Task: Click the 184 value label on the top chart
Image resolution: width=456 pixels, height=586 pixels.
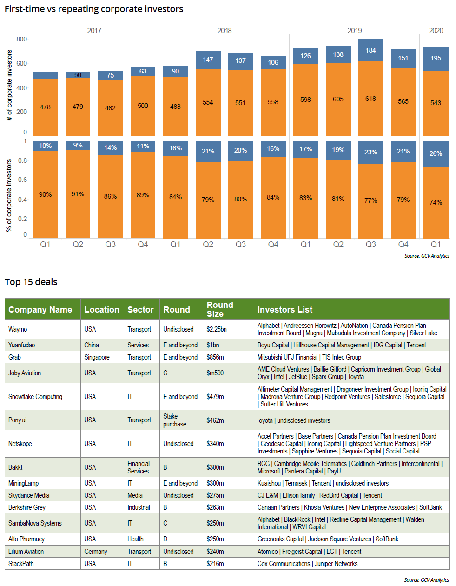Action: (x=370, y=50)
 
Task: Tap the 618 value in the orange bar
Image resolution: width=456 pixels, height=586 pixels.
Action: (x=370, y=99)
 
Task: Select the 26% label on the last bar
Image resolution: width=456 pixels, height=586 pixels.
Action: (x=436, y=153)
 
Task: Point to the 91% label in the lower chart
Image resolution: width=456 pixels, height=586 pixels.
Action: (x=78, y=194)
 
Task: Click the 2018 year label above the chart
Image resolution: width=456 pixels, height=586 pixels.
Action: (x=224, y=31)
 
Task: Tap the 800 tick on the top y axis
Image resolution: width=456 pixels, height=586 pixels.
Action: (x=22, y=39)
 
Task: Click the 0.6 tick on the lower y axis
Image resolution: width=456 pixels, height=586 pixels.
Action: (x=22, y=180)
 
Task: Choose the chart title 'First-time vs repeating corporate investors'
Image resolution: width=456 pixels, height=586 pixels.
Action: (x=94, y=9)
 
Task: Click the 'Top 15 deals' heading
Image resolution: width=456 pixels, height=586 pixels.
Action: (x=31, y=282)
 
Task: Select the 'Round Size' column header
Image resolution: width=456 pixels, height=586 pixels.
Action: (x=220, y=309)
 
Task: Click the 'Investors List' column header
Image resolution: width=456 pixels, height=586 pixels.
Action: (x=285, y=310)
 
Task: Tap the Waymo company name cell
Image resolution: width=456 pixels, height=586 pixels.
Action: (x=18, y=329)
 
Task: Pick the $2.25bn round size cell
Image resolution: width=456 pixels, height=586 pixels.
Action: (x=217, y=329)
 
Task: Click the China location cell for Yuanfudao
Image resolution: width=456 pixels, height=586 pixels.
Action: (x=92, y=345)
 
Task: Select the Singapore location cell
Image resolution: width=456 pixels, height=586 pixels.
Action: (x=97, y=357)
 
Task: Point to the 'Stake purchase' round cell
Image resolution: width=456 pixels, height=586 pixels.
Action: (x=174, y=420)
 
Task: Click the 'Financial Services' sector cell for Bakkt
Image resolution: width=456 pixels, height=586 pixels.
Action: (x=139, y=467)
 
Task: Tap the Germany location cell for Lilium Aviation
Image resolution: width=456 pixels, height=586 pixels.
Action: (x=96, y=552)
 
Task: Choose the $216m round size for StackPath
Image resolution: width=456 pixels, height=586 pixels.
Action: (x=215, y=564)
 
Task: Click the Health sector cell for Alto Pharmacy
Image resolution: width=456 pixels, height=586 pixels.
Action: (x=135, y=539)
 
